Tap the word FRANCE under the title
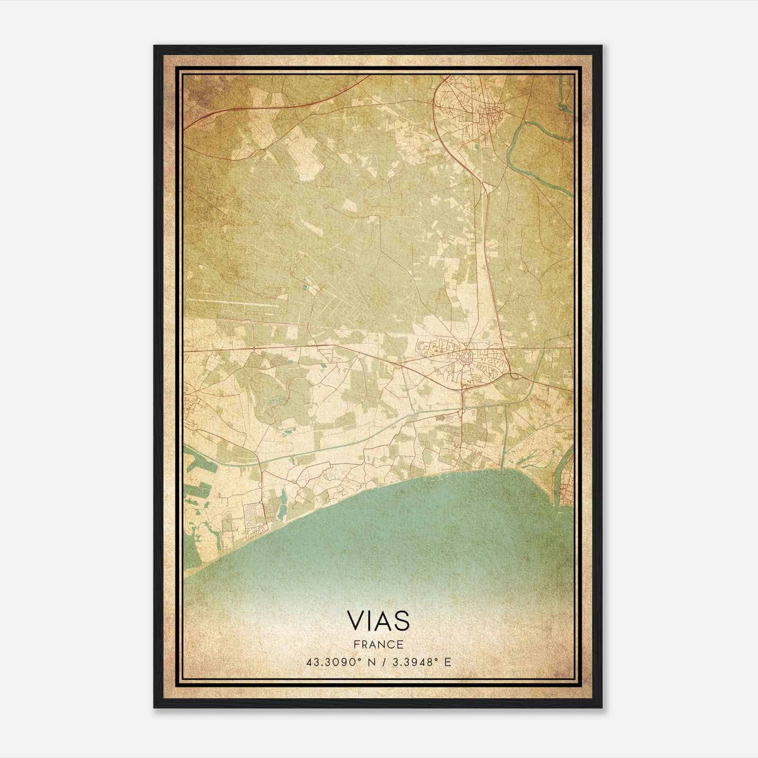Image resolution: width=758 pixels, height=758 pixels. pyautogui.click(x=378, y=644)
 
